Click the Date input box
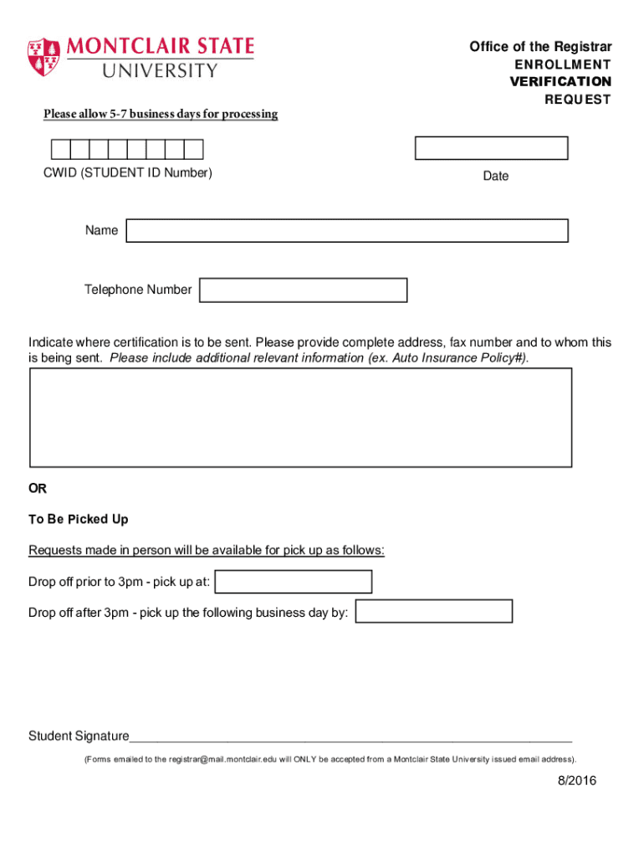491,148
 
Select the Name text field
346,231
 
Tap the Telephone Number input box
303,290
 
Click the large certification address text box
300,417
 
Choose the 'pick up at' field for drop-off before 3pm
294,582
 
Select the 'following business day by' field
433,612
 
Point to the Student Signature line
350,736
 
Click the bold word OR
38,488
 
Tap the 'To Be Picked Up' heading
79,520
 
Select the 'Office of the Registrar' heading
540,47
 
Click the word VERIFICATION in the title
560,82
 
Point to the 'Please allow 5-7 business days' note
161,114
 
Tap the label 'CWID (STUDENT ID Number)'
128,173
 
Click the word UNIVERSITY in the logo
159,70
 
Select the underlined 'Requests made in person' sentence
207,550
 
